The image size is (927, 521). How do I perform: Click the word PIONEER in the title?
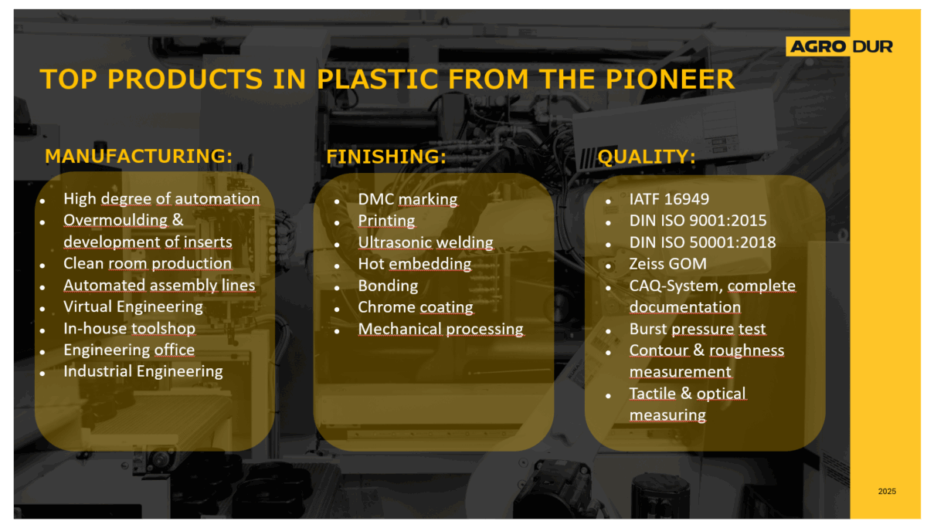pos(670,79)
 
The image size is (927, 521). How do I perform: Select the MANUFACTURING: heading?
pos(138,156)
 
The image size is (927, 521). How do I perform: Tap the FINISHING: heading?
pos(386,156)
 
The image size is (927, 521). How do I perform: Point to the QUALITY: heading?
pos(647,157)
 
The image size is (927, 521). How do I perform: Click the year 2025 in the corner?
pos(887,491)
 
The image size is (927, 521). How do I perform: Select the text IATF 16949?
pos(669,199)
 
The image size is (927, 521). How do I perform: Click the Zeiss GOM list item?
pos(668,264)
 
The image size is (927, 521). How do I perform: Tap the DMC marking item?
pos(408,199)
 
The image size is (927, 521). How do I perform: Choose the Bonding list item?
pos(388,286)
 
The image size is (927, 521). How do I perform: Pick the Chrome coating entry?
pos(416,307)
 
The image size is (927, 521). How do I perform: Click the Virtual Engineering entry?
pos(133,307)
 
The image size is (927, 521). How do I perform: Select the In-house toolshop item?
pos(130,328)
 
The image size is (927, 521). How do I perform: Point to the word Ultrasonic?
pos(395,242)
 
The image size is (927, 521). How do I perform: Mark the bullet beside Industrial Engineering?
pos(42,374)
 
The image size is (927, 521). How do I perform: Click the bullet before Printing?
pos(337,223)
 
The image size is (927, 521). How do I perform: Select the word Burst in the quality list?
pos(648,329)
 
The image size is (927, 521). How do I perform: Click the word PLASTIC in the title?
pos(377,79)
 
